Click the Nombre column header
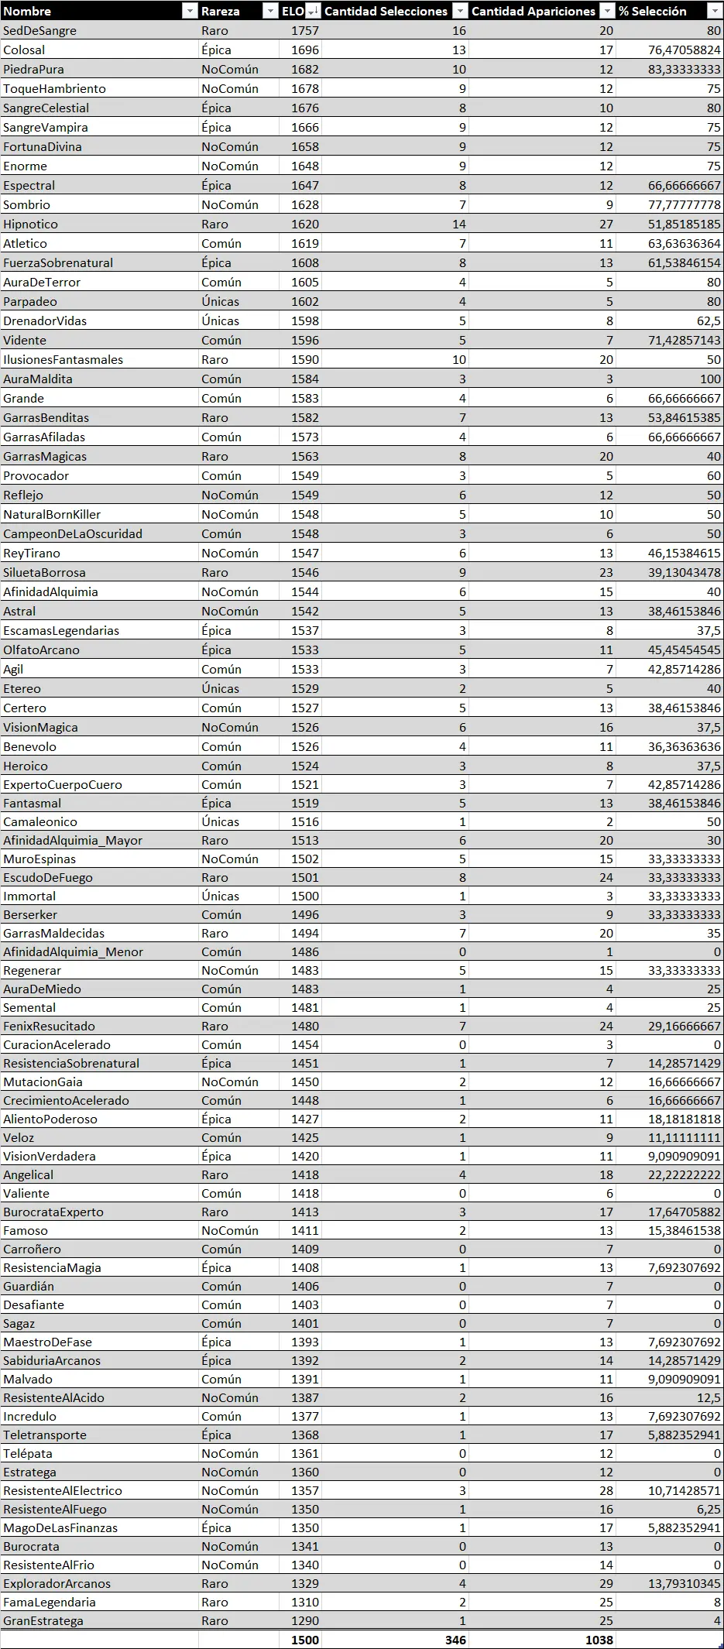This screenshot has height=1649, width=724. click(27, 11)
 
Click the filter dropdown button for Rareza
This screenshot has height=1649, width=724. click(269, 11)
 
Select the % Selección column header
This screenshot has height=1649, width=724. click(652, 11)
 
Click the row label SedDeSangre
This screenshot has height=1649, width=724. click(39, 31)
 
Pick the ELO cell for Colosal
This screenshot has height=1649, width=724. click(304, 50)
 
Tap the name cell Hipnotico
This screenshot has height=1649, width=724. click(30, 225)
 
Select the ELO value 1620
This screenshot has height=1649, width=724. click(304, 225)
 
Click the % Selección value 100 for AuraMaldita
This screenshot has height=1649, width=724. click(710, 379)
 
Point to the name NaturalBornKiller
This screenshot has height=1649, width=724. click(52, 515)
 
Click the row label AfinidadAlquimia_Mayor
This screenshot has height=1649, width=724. click(73, 841)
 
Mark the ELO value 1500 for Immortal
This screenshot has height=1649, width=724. click(304, 896)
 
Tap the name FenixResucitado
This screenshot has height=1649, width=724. click(49, 1027)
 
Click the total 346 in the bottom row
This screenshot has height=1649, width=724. click(455, 1640)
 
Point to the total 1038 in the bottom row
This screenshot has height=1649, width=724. click(599, 1640)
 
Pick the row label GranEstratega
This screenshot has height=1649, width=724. click(43, 1621)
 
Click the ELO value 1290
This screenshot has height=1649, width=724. click(304, 1621)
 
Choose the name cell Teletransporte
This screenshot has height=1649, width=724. click(45, 1435)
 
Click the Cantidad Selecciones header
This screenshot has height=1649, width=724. click(386, 11)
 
